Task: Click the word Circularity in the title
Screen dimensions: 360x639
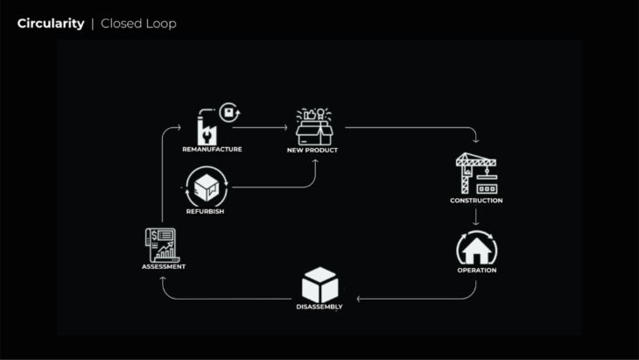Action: tap(51, 24)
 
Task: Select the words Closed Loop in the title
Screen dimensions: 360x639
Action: tap(138, 24)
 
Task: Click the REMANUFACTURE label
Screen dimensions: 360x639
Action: tap(212, 150)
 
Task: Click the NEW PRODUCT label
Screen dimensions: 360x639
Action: tap(312, 151)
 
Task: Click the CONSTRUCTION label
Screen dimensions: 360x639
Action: tap(476, 201)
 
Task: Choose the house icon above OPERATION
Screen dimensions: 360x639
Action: tap(476, 248)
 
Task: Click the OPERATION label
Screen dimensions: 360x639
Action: tap(476, 270)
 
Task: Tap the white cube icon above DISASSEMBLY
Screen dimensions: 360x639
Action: tap(319, 285)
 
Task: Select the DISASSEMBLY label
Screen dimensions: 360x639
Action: tap(319, 307)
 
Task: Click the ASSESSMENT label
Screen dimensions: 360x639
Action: tap(164, 266)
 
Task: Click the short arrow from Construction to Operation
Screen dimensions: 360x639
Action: tap(476, 216)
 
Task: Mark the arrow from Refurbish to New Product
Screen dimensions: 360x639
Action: tap(280, 186)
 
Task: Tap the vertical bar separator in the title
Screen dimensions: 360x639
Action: tap(93, 24)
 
